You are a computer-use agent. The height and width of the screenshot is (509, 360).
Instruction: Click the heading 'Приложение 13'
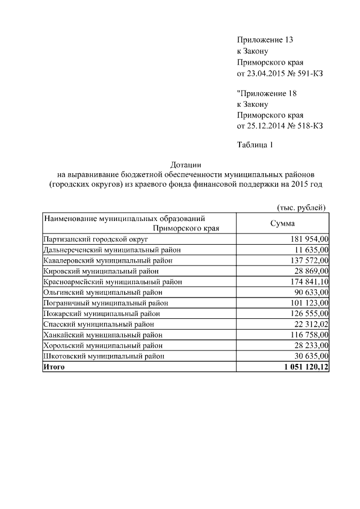(x=265, y=40)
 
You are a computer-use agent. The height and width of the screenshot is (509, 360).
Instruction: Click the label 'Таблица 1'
(x=255, y=146)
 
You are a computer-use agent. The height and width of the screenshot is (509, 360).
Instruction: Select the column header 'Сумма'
(x=283, y=223)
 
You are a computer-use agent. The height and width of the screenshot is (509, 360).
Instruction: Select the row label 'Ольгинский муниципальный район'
(x=102, y=292)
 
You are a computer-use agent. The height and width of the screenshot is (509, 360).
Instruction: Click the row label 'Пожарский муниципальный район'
(x=101, y=314)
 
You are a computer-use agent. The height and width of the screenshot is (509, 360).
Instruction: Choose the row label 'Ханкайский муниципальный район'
(x=103, y=335)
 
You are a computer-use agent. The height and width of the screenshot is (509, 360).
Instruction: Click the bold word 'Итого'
(x=54, y=367)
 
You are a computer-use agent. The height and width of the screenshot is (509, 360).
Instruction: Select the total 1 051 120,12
(x=303, y=367)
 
